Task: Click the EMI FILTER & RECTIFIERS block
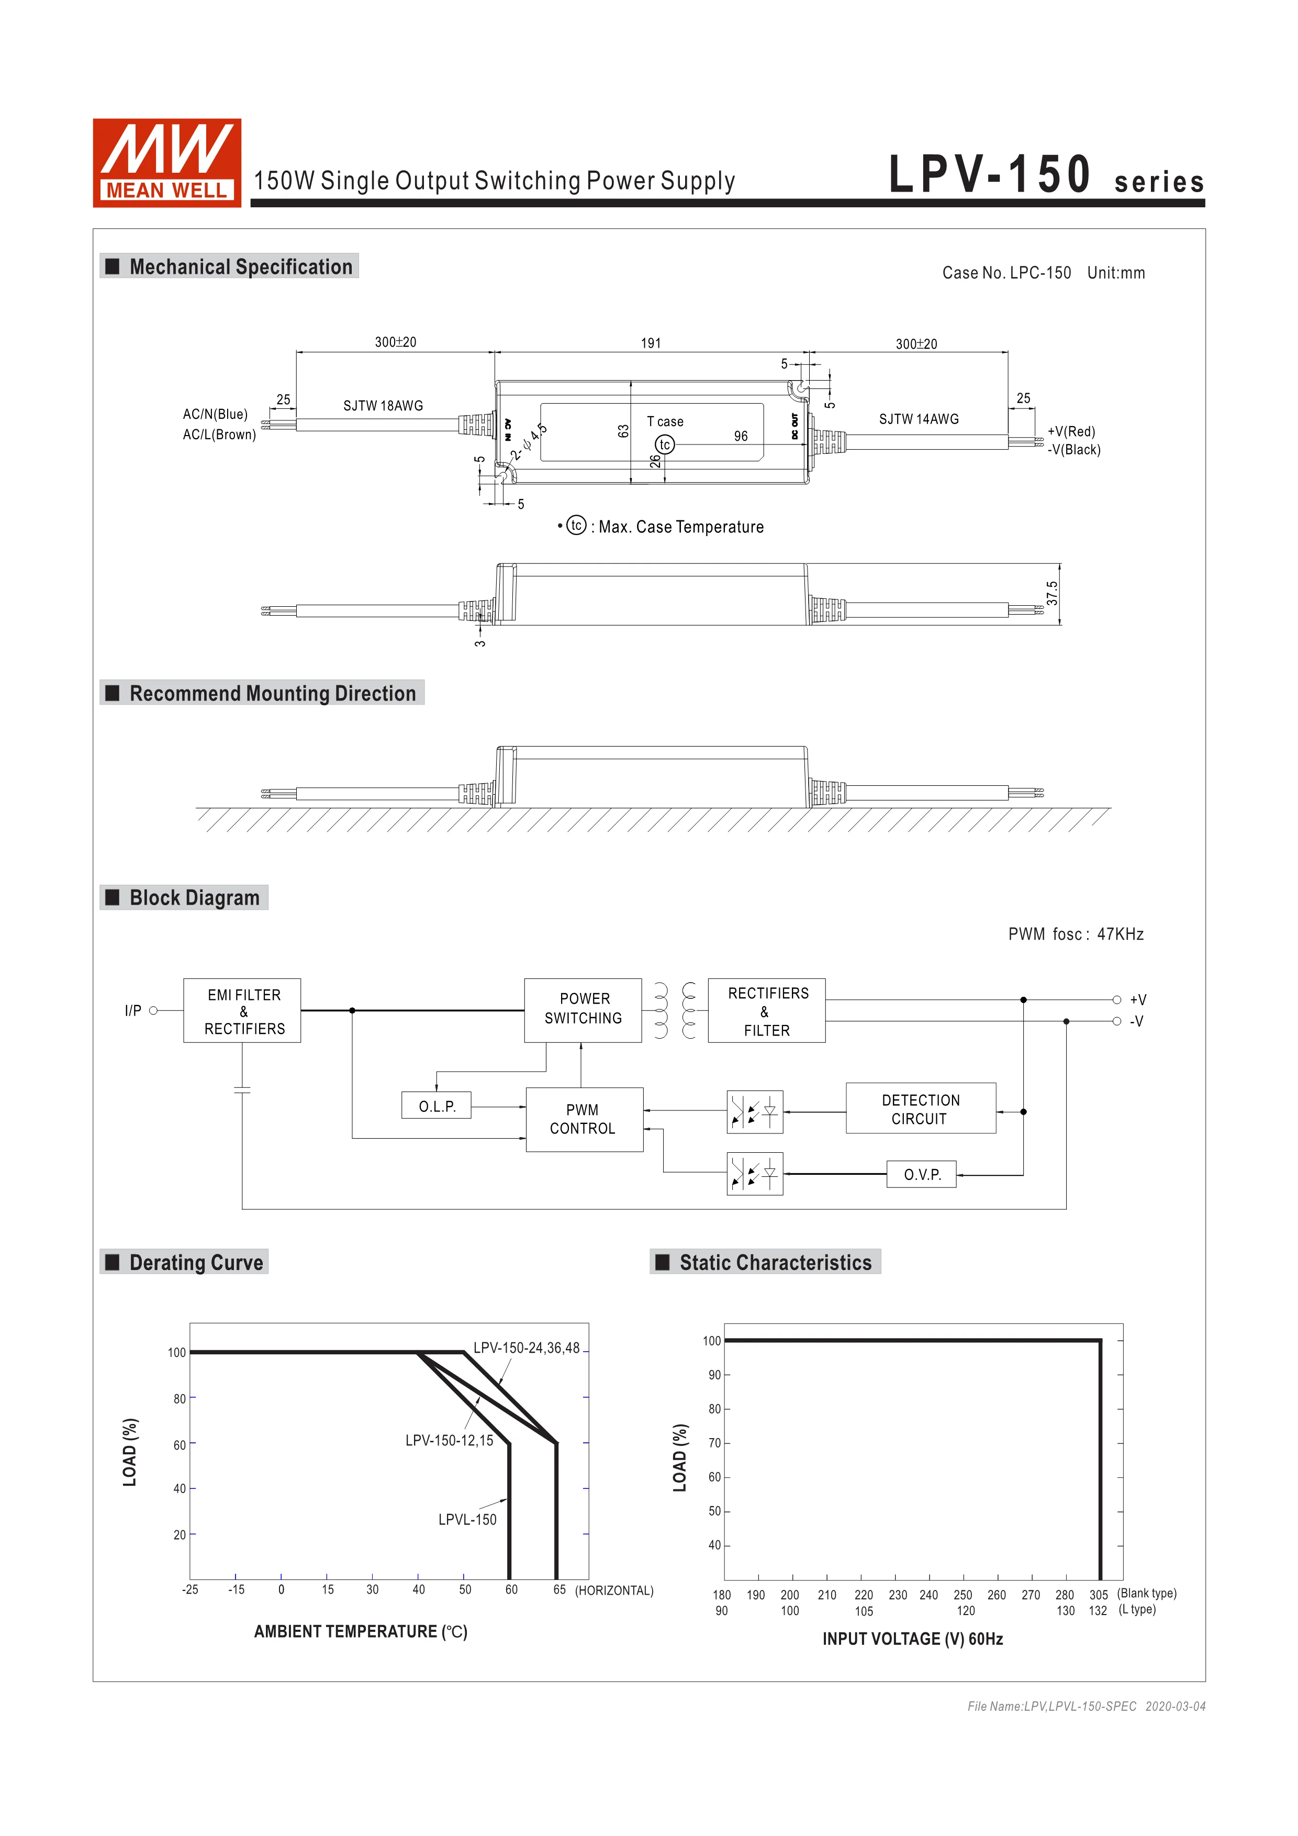point(242,1011)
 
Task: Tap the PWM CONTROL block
point(584,1119)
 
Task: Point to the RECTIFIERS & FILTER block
point(766,1011)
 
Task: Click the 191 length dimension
point(651,343)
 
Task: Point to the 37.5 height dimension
point(1053,593)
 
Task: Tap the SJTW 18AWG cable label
point(383,405)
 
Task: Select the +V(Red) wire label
point(1071,432)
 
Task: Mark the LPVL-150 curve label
point(467,1519)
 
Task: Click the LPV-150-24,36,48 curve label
point(526,1348)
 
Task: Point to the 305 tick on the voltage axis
point(1098,1595)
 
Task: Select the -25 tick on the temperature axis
point(190,1590)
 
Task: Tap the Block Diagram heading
point(194,898)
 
